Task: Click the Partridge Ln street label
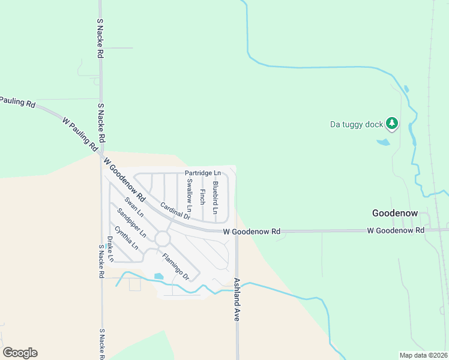click(203, 173)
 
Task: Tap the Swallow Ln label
click(189, 198)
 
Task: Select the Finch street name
click(203, 196)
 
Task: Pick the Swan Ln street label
click(134, 206)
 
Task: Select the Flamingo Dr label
click(176, 267)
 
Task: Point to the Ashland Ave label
click(237, 299)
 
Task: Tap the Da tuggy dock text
click(357, 125)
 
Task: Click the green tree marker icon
click(392, 123)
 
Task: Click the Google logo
click(20, 353)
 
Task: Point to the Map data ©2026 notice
click(424, 355)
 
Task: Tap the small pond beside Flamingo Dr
click(158, 276)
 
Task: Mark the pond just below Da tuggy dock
click(382, 143)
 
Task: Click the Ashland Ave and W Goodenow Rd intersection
click(237, 231)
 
